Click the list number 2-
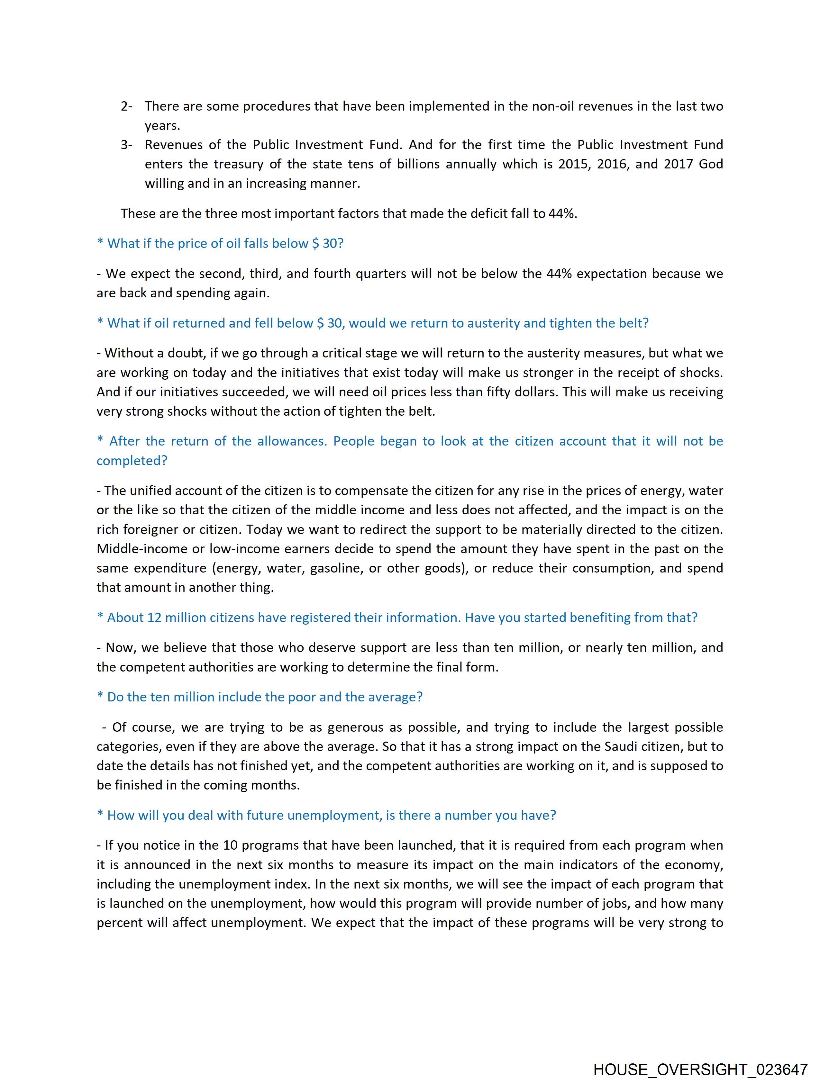coord(126,106)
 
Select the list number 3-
coord(126,145)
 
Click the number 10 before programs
coord(230,845)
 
